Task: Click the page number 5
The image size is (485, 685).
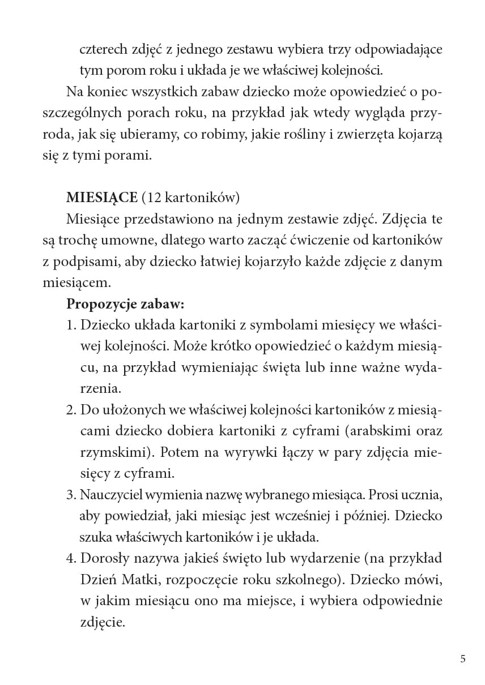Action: (463, 658)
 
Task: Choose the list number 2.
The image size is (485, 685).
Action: (71, 410)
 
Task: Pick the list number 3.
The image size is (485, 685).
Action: (71, 495)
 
